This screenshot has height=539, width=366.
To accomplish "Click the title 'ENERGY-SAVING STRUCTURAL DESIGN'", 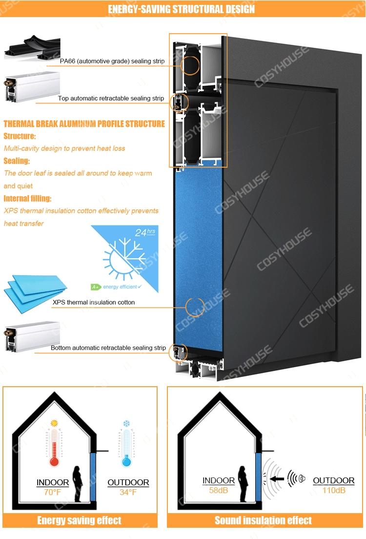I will (x=181, y=9).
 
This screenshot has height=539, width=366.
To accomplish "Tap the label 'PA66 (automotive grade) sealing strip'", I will (x=112, y=62).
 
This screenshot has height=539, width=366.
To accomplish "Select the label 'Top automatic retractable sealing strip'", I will (x=111, y=98).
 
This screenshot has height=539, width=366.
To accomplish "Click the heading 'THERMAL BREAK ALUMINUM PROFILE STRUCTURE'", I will (x=84, y=124).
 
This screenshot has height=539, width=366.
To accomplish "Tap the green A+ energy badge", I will (x=96, y=287).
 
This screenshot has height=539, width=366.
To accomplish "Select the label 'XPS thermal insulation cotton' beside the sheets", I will (x=94, y=302).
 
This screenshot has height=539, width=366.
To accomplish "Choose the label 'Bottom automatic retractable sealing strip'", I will (x=108, y=348).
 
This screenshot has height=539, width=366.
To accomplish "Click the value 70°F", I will (x=52, y=492).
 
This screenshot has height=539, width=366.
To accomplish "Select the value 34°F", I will (x=128, y=492).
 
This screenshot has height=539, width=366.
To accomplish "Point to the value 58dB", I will (x=219, y=490).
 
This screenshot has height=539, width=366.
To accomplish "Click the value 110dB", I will (x=334, y=490).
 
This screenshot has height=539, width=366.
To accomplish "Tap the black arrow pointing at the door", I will (x=278, y=479).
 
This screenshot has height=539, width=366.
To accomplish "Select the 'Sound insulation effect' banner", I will (x=263, y=520).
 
